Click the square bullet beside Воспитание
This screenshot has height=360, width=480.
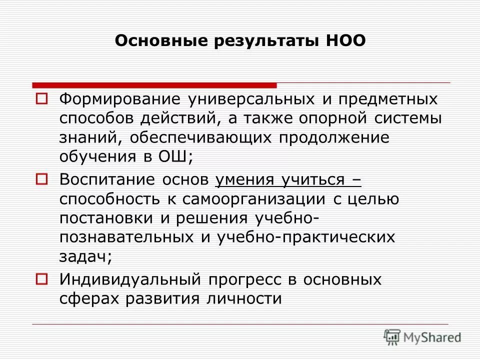point(41,177)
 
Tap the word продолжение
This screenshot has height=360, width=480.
point(333,137)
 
